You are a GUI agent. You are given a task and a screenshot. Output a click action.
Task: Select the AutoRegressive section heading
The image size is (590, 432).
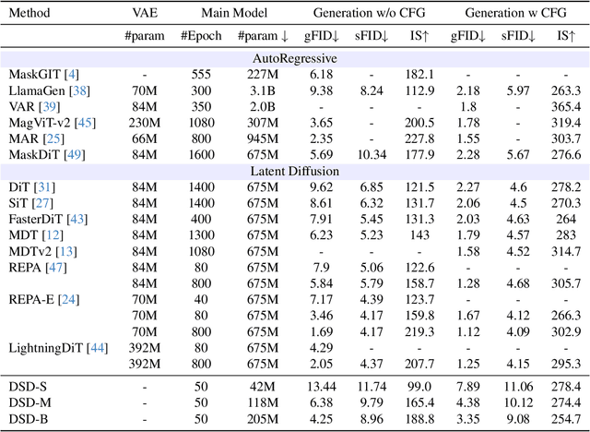pyautogui.click(x=294, y=57)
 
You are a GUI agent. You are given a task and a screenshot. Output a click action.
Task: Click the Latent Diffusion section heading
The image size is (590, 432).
pyautogui.click(x=294, y=171)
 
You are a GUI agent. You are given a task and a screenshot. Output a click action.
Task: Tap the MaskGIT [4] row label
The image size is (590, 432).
pyautogui.click(x=42, y=73)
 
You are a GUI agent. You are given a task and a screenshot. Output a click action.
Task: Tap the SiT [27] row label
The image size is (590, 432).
pyautogui.click(x=29, y=203)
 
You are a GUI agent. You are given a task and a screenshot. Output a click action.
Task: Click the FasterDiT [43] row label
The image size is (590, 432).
pyautogui.click(x=46, y=220)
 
